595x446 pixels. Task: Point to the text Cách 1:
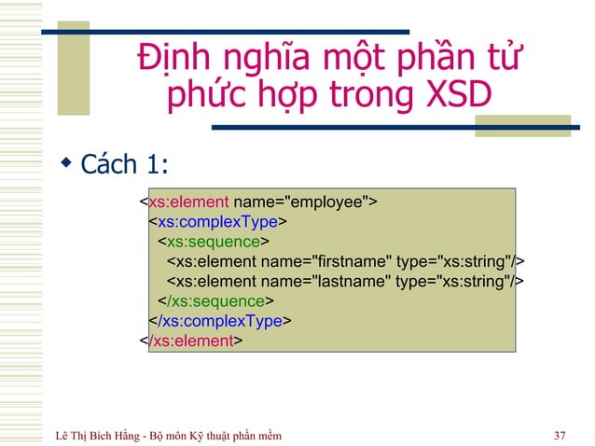[x=124, y=165]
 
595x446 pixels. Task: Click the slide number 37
[x=560, y=436]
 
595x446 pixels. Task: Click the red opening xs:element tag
[x=189, y=202]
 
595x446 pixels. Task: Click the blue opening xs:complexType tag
[x=218, y=221]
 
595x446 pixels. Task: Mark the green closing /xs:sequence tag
[x=216, y=301]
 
